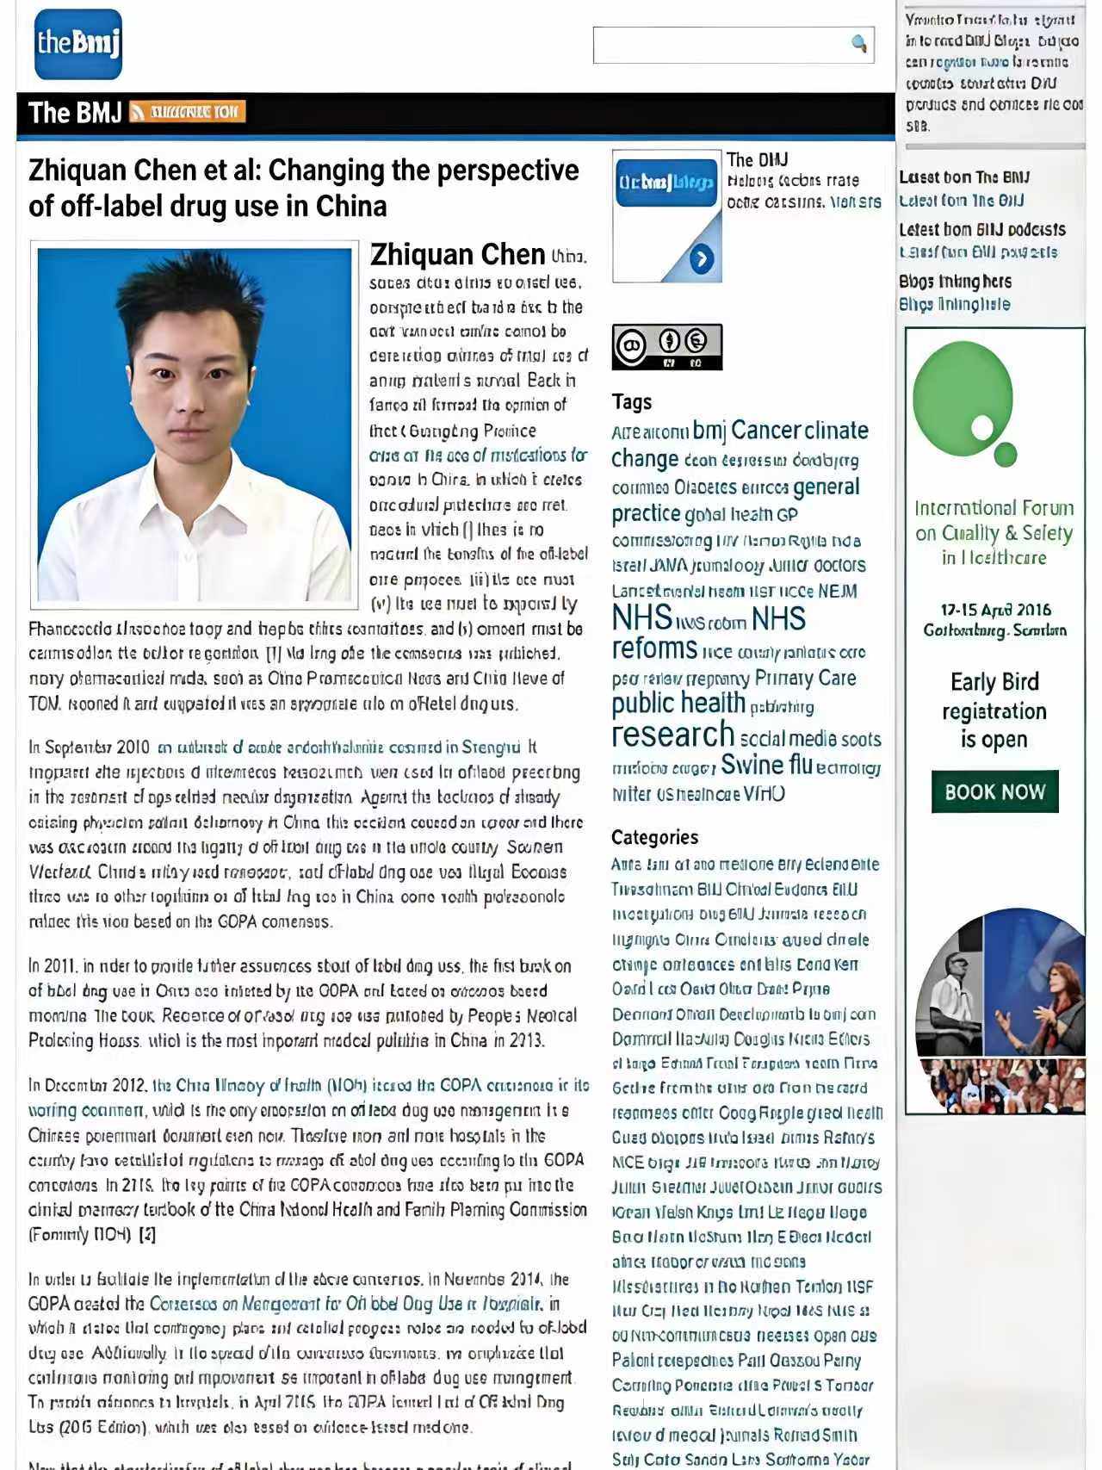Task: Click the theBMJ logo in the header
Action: tap(78, 44)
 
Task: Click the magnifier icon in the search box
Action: tap(858, 43)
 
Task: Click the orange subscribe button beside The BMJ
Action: tap(187, 112)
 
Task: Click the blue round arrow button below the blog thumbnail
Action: tap(702, 258)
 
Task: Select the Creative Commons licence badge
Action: tap(666, 346)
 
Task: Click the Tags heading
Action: tap(632, 402)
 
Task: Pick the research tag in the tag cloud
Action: tap(672, 735)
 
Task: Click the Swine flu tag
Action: tap(766, 765)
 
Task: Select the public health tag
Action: tap(678, 704)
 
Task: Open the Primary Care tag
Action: tap(805, 679)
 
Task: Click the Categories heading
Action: tap(654, 837)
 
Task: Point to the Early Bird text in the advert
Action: tap(994, 682)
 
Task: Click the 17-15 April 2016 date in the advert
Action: tap(995, 610)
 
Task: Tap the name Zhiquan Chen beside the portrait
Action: tap(457, 255)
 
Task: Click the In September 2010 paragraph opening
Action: tap(90, 747)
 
